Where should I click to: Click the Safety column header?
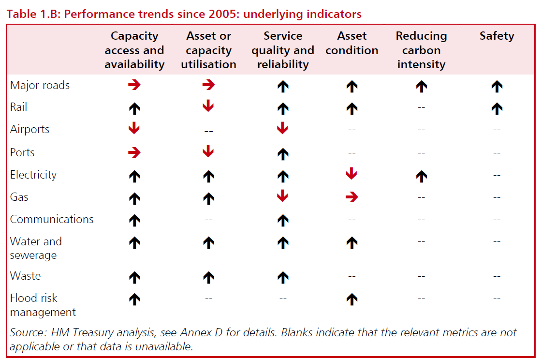497,36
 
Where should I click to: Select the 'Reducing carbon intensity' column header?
421,50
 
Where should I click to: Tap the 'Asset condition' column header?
351,43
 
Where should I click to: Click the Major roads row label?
40,86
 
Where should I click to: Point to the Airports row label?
29,130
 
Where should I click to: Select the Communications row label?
51,219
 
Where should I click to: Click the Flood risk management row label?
43,305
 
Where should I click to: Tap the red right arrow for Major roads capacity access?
134,86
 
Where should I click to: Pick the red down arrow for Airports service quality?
283,129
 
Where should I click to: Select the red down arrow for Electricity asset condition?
351,174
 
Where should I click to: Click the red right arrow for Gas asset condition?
351,197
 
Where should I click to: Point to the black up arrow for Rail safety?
497,108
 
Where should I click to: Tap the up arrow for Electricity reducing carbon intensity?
421,176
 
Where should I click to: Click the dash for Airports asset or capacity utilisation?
208,131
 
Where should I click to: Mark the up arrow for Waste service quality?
283,277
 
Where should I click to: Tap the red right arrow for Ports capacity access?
134,152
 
